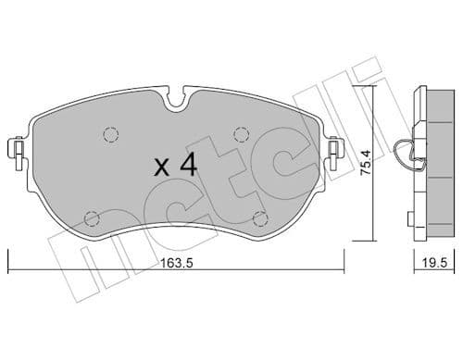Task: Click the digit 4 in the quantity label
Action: (x=188, y=166)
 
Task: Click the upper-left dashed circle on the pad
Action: (x=111, y=133)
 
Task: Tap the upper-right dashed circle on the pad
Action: (x=243, y=133)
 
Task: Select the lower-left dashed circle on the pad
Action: (x=91, y=219)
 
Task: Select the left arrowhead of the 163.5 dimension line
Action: (x=10, y=268)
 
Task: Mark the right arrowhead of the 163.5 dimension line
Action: (x=342, y=268)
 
